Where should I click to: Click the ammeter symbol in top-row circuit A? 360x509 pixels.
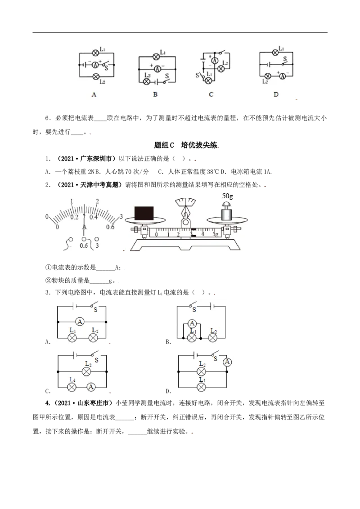click(95, 65)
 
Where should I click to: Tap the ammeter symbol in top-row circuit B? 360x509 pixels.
click(157, 69)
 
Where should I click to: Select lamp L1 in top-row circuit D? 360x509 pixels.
click(275, 52)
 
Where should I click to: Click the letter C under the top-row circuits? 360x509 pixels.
click(211, 94)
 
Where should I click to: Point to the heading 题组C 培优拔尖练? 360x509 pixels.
click(186, 145)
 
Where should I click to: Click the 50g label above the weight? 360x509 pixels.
click(227, 196)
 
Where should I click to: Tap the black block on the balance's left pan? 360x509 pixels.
click(144, 213)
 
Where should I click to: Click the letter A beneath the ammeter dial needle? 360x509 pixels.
click(85, 227)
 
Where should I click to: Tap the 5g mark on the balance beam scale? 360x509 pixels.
click(215, 234)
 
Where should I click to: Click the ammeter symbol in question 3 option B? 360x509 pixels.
click(192, 323)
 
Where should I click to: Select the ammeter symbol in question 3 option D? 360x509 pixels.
click(227, 362)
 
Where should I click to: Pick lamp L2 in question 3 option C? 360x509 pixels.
click(86, 371)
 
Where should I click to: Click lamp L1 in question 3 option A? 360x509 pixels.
click(72, 338)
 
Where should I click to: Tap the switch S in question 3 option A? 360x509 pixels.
click(94, 305)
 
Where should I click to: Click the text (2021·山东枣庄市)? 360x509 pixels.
click(80, 403)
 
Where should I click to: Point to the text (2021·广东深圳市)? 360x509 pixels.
click(86, 158)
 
